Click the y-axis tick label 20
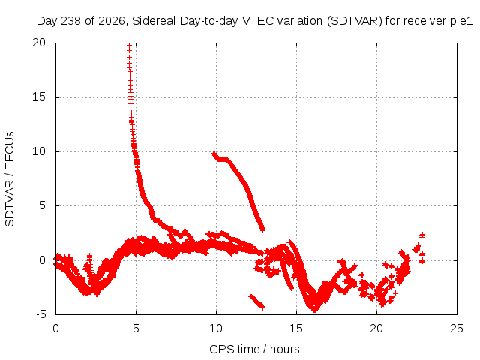pos(39,43)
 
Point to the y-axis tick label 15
pos(39,97)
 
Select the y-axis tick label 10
pos(39,151)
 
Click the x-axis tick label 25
pos(457,328)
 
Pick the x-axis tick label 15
pos(296,328)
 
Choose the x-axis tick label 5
pos(136,328)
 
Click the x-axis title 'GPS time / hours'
pos(254,349)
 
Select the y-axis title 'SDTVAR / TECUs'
pos(10,179)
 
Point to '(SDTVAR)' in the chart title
pos(355,21)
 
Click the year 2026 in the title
pos(112,21)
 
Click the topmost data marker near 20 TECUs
pos(129,46)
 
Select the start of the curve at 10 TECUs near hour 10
pos(214,153)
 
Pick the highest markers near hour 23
pos(422,235)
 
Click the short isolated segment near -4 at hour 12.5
pos(257,301)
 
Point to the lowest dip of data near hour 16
pos(315,310)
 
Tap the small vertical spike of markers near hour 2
pos(89,262)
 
